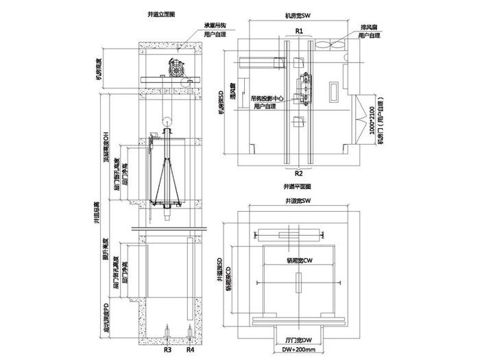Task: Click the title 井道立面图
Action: [x=161, y=13]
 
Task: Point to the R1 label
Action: [x=300, y=31]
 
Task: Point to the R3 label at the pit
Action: [x=168, y=350]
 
